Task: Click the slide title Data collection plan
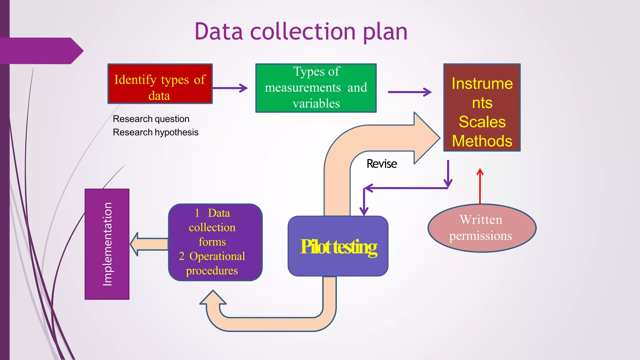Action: (x=301, y=32)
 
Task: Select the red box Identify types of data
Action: (x=160, y=84)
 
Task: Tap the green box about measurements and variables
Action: (x=316, y=88)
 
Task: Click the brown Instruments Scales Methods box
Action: (x=482, y=107)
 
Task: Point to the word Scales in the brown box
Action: (x=482, y=122)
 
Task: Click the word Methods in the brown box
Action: (x=482, y=141)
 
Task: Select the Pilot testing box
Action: (x=338, y=246)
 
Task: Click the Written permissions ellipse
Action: (x=482, y=228)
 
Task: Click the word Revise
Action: (x=382, y=164)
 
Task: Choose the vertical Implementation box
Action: (x=107, y=244)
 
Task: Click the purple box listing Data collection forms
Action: (x=215, y=242)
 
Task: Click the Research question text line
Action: (x=151, y=119)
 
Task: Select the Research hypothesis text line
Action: (x=156, y=132)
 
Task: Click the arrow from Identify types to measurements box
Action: (x=230, y=88)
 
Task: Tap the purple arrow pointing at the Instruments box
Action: (x=409, y=92)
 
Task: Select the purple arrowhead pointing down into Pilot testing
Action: (x=364, y=210)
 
